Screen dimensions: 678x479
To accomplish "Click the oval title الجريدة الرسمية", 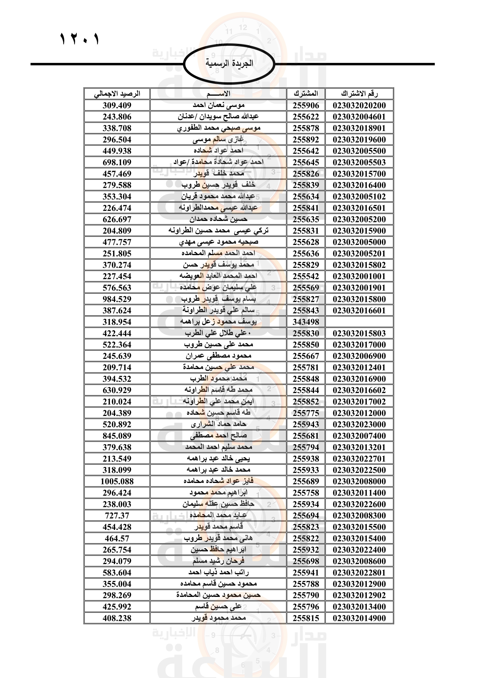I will point(229,63).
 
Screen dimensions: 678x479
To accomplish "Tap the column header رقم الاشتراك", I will point(359,94).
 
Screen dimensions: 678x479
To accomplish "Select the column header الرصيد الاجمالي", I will point(117,94).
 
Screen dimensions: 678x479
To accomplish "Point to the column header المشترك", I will point(306,94).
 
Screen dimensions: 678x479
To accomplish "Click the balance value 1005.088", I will point(117,481).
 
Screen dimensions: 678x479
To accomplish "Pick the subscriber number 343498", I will point(306,322).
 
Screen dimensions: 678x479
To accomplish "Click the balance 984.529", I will point(117,299).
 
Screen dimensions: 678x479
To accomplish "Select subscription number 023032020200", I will point(359,106).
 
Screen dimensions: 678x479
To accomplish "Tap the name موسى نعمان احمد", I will point(219,106).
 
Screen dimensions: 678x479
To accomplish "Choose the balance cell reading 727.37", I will point(117,516).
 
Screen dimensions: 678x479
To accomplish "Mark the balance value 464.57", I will point(117,538).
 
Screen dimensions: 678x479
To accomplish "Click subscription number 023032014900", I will point(359,618).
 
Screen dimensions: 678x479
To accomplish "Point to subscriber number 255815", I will point(306,618).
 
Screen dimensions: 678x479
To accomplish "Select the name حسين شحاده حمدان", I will point(219,219).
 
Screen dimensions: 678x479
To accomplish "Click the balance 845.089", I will point(117,436).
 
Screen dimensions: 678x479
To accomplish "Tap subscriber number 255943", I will point(306,424).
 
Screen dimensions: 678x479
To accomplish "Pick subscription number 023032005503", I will point(359,162).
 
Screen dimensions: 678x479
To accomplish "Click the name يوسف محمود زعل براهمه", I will point(219,322).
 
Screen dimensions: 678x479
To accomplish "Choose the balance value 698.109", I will point(117,162).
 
